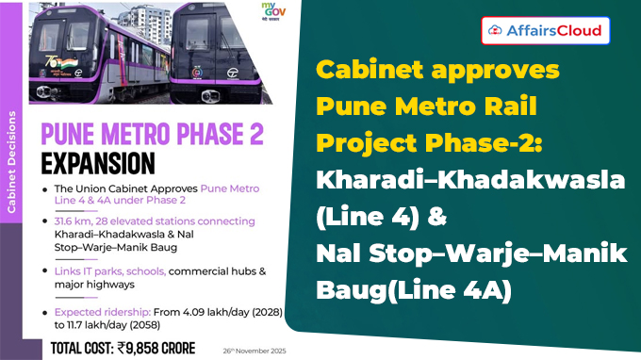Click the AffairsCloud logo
pos(544,30)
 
